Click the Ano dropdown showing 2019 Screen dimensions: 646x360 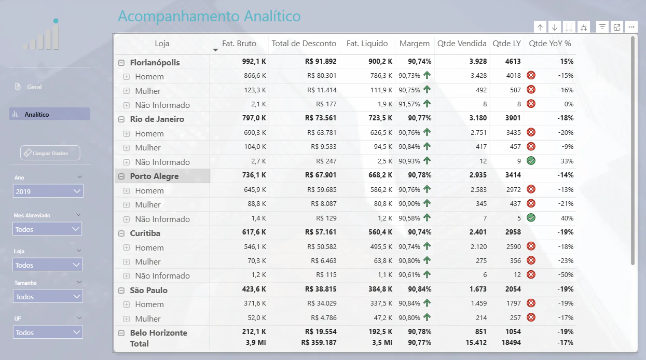(48, 191)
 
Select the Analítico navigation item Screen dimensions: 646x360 (50, 114)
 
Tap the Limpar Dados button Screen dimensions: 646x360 (50, 153)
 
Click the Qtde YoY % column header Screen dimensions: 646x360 (549, 44)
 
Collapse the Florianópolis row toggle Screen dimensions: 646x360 (121, 63)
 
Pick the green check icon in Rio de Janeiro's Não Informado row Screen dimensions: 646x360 (531, 161)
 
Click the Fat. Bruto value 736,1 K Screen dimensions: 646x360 (254, 175)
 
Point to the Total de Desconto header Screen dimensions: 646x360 (304, 44)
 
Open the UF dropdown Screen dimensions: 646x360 (48, 333)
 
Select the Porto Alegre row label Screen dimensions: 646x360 (154, 176)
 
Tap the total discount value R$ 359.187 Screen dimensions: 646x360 (319, 342)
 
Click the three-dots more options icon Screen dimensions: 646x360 (631, 27)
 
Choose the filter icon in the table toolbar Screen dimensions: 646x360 (602, 27)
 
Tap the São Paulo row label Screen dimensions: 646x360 (148, 290)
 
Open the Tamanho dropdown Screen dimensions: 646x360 (48, 297)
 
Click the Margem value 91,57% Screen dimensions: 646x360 (409, 104)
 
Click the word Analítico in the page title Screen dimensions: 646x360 (272, 16)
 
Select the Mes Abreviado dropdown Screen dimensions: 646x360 (47, 229)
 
